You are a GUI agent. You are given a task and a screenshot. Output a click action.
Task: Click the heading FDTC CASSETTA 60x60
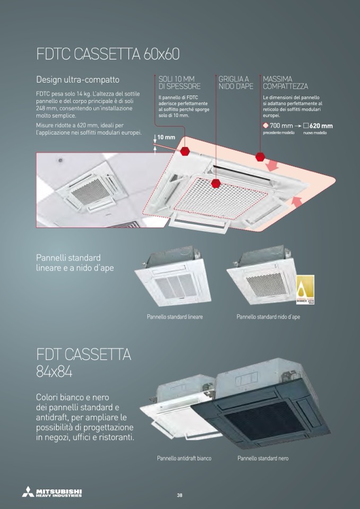(108, 54)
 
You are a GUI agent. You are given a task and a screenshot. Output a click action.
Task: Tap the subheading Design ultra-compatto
(78, 80)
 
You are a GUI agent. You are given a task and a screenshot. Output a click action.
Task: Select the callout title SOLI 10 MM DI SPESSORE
(179, 82)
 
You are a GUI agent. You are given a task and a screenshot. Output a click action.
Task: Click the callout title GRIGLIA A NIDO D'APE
(236, 82)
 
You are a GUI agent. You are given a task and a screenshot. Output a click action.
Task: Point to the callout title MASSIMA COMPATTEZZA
(285, 82)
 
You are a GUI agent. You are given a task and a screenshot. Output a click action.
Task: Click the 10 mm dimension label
(166, 137)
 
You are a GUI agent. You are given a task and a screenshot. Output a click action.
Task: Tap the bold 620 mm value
(321, 126)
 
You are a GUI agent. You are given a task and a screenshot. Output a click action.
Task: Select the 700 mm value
(281, 126)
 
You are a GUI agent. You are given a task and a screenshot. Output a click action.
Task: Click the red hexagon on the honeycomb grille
(216, 184)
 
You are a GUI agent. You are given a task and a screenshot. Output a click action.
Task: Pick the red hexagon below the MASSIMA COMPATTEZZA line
(260, 157)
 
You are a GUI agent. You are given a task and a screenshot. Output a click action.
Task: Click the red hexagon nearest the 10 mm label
(185, 151)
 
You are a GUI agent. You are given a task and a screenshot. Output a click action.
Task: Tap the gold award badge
(305, 290)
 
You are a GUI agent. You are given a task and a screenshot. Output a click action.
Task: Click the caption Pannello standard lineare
(175, 316)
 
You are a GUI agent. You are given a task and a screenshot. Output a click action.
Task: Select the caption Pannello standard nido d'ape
(268, 316)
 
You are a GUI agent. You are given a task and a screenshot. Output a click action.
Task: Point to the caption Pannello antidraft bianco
(184, 459)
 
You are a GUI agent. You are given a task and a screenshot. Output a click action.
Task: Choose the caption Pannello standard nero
(263, 459)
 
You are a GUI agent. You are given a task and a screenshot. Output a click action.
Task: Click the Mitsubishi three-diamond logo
(28, 491)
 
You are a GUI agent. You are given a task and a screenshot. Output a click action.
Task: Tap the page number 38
(179, 495)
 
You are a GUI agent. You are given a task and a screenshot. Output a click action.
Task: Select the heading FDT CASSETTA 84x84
(84, 363)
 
